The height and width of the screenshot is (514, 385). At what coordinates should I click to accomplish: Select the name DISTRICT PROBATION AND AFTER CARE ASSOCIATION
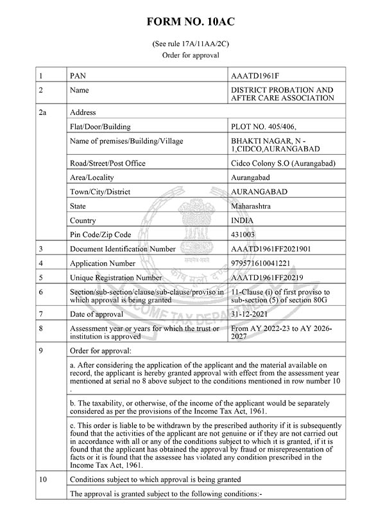point(282,94)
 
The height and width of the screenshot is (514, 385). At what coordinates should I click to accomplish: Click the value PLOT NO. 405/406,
point(263,127)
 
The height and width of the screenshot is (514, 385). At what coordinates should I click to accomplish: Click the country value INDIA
point(243,220)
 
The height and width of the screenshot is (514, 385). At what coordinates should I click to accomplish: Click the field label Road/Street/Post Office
point(108,163)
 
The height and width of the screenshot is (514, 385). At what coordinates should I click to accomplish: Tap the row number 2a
point(43,112)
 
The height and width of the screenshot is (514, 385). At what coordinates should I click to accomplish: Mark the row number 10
point(43,479)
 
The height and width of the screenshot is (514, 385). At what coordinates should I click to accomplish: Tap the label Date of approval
point(98,314)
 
